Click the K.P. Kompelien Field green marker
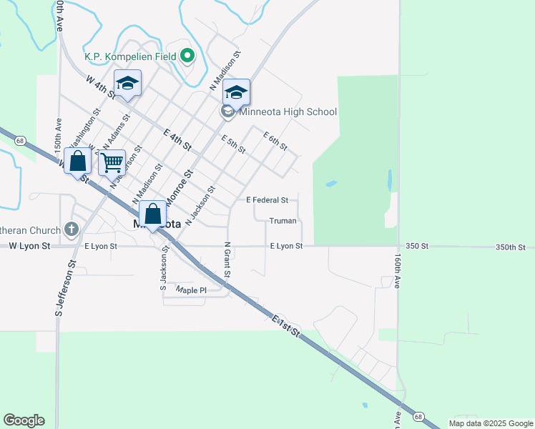188,55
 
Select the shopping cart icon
112,163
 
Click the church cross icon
71,230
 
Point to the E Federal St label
267,200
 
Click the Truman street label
282,222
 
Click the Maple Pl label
191,290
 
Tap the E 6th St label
275,141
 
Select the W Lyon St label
30,246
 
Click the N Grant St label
226,262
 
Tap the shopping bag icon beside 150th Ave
78,161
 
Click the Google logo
24,420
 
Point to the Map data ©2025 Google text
491,423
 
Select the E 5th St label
233,144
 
